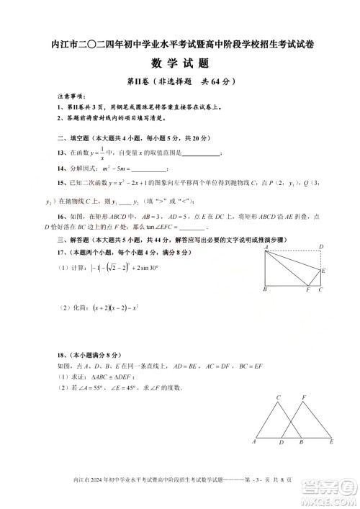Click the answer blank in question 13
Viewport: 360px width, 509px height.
(202, 153)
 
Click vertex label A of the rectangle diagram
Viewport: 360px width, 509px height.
(265, 247)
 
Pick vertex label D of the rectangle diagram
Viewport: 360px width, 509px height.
(320, 247)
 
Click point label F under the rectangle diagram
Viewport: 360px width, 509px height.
(307, 289)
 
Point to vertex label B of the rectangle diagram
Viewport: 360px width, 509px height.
(265, 289)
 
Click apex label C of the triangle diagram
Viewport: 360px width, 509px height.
(278, 397)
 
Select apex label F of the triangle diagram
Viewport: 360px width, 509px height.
(304, 397)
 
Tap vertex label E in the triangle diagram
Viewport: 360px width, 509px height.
(330, 441)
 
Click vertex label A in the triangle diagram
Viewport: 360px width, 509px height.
(254, 441)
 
